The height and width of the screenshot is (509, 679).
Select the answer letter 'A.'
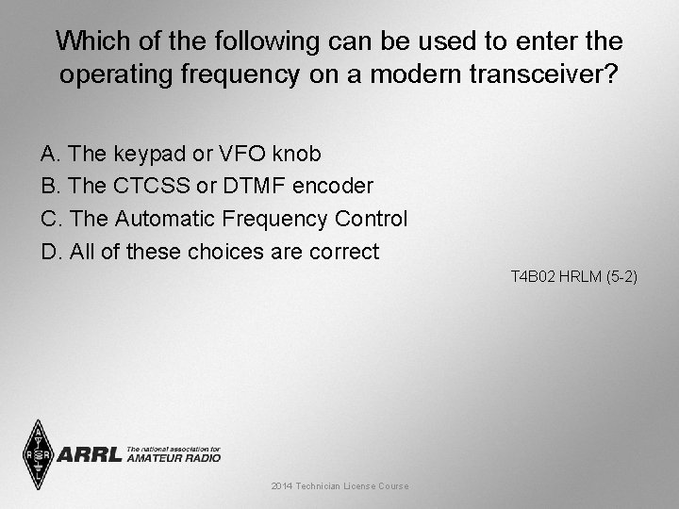[51, 154]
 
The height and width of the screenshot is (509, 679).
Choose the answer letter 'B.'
[51, 187]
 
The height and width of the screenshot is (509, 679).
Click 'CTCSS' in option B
[151, 187]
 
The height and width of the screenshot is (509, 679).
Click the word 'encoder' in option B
[335, 187]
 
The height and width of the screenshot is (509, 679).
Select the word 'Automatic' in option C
[165, 220]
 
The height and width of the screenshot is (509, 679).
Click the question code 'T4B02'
[531, 277]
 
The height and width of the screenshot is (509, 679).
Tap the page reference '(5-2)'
[621, 277]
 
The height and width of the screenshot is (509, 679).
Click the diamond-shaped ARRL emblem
[38, 454]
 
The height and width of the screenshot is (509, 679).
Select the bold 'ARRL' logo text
[90, 455]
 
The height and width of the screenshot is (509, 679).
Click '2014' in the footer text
[281, 486]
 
